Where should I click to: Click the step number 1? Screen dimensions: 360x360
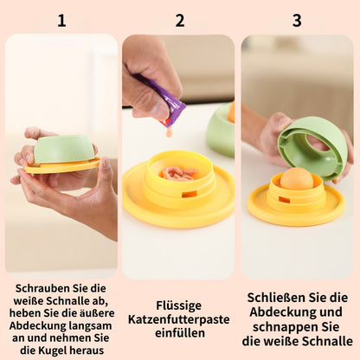pyautogui.click(x=61, y=20)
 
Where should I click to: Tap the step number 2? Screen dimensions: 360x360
pyautogui.click(x=180, y=20)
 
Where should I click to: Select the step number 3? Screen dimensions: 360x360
pyautogui.click(x=297, y=20)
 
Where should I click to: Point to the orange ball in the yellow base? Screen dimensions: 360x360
pyautogui.click(x=297, y=179)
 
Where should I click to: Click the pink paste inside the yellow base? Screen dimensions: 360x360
pyautogui.click(x=179, y=173)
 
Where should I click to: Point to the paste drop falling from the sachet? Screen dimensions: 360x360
pyautogui.click(x=169, y=132)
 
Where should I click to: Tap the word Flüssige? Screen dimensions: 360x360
pyautogui.click(x=180, y=305)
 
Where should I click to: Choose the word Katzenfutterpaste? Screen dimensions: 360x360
pyautogui.click(x=180, y=319)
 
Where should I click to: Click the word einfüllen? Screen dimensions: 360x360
pyautogui.click(x=180, y=334)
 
